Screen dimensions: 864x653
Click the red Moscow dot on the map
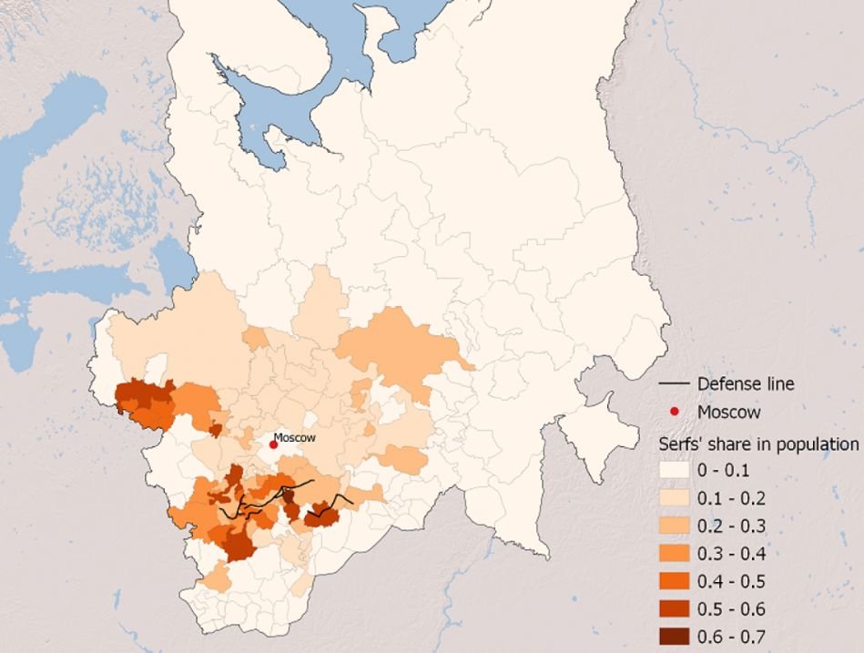273,444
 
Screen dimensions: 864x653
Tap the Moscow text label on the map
294,437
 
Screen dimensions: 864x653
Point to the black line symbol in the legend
674,383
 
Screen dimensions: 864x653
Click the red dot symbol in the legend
674,412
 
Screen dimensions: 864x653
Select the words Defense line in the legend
746,383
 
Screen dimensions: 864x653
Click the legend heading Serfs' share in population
758,444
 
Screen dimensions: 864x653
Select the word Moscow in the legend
728,412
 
